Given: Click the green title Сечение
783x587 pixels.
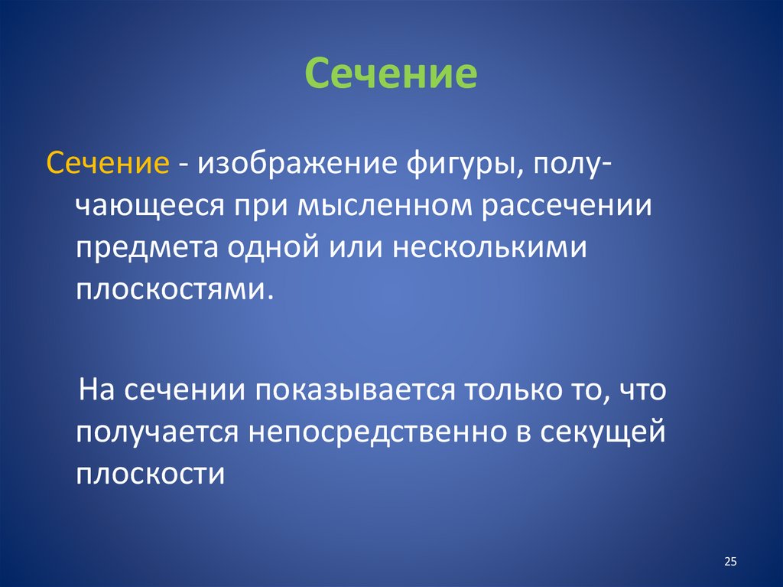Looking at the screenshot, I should [x=391, y=75].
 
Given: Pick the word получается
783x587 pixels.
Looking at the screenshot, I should [x=157, y=433].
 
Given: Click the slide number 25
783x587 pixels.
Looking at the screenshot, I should [x=729, y=563].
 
